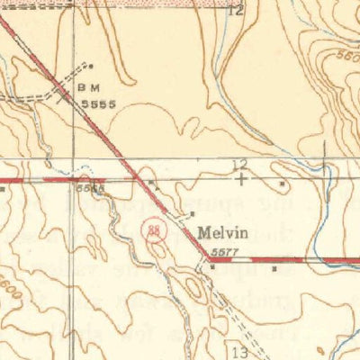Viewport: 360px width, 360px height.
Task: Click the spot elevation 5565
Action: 89,189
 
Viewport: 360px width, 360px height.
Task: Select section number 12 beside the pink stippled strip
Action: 236,11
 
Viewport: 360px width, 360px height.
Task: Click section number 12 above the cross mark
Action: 239,164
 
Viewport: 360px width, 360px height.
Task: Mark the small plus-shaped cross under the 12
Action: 240,178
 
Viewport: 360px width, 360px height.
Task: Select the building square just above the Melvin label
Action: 192,214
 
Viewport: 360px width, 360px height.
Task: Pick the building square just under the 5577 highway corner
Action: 212,268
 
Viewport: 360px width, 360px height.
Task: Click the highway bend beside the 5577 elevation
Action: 208,258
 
